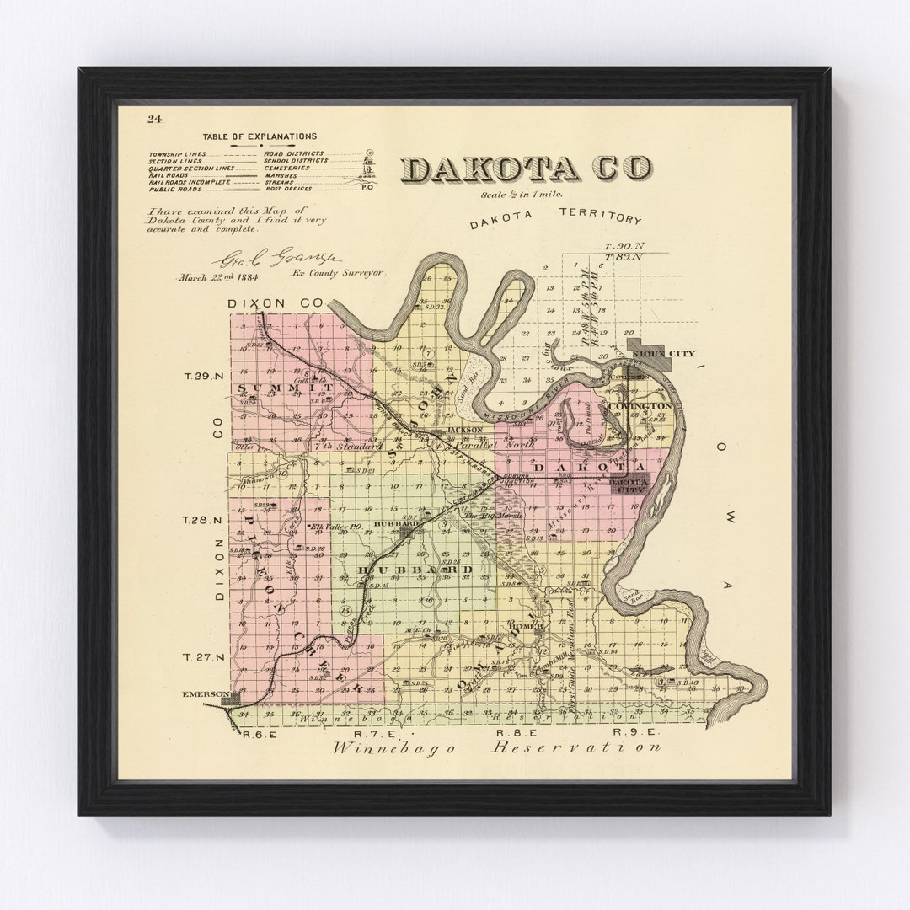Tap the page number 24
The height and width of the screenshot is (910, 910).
click(154, 119)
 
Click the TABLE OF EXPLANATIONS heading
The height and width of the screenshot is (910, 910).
click(260, 136)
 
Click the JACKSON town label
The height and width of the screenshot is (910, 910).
click(464, 430)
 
